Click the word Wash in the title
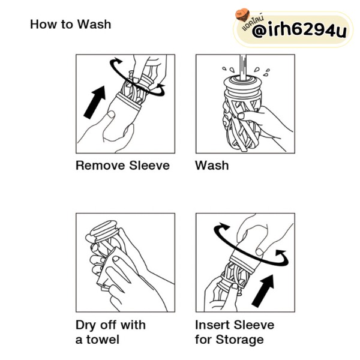pyautogui.click(x=94, y=25)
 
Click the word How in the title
pyautogui.click(x=44, y=25)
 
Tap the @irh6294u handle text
pyautogui.click(x=299, y=31)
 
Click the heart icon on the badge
pyautogui.click(x=242, y=15)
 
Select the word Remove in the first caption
pyautogui.click(x=100, y=166)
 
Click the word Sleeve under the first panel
pyautogui.click(x=149, y=166)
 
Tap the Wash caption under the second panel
pyautogui.click(x=212, y=166)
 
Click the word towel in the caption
pyautogui.click(x=103, y=340)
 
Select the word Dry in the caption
pyautogui.click(x=86, y=326)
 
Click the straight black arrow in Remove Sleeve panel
pyautogui.click(x=95, y=102)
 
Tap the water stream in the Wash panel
pyautogui.click(x=244, y=67)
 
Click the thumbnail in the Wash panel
pyautogui.click(x=242, y=116)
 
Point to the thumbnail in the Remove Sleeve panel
pyautogui.click(x=112, y=114)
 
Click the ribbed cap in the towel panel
pyautogui.click(x=104, y=231)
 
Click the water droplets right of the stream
pyautogui.click(x=262, y=71)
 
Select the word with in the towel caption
pyautogui.click(x=133, y=325)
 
